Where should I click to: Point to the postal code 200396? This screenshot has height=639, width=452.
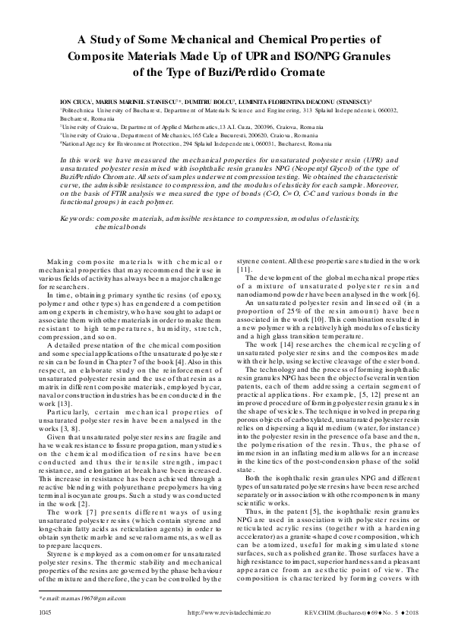pyautogui.click(x=267, y=127)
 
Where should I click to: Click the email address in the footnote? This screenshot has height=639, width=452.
pyautogui.click(x=77, y=599)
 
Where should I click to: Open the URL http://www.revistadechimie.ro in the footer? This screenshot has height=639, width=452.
pyautogui.click(x=226, y=610)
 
